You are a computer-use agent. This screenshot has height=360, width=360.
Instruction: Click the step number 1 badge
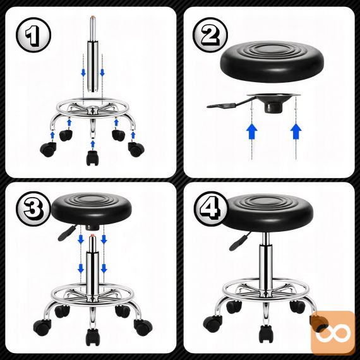33,35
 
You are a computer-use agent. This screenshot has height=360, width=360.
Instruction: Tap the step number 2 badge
210,35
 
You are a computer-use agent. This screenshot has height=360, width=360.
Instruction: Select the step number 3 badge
33,208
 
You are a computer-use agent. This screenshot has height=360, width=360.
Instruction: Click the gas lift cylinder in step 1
92,54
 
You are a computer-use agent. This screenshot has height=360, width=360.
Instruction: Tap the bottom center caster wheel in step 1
92,158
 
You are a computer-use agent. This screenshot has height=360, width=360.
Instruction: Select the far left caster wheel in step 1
48,150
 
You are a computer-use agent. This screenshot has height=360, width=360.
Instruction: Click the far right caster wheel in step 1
136,149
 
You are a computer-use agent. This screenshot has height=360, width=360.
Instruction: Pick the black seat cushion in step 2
272,61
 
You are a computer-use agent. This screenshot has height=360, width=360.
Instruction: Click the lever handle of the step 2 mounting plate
222,105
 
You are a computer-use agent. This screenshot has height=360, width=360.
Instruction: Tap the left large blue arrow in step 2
251,131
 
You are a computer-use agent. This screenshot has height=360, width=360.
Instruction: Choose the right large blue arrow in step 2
296,131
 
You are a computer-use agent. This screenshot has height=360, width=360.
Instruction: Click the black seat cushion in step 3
92,209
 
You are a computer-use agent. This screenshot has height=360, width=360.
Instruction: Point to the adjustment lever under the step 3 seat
67,233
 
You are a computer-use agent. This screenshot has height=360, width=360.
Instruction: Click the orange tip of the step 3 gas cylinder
92,235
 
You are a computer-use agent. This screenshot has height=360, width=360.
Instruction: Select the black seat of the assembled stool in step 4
268,212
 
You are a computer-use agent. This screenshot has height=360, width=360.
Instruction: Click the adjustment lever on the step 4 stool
240,241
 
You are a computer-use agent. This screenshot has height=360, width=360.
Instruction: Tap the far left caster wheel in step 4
213,322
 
